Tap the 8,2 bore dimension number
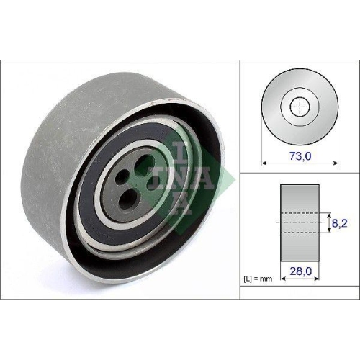coord(340,224)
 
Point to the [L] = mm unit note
coord(258,277)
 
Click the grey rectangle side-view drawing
coord(299,198)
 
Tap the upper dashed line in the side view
coord(299,213)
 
